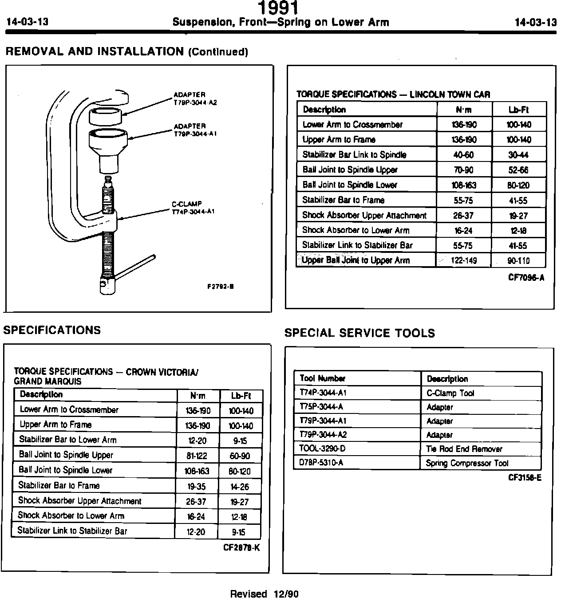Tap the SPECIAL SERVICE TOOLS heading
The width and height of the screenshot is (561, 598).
tap(360, 333)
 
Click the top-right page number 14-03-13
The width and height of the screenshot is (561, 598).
tap(535, 22)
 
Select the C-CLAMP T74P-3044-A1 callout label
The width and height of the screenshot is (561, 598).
tap(193, 208)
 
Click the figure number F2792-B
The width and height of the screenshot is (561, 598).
tap(221, 287)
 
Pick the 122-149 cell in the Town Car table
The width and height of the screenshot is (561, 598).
tap(463, 260)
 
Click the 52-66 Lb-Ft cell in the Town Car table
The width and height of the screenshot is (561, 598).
tap(518, 170)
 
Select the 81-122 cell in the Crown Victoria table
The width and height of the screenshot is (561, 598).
tap(197, 456)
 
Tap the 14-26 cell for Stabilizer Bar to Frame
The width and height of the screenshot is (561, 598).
tap(240, 487)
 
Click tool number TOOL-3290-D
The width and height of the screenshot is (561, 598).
tap(322, 448)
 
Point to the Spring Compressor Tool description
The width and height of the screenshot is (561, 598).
tap(467, 463)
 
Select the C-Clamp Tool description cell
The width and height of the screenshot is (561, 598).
tap(450, 393)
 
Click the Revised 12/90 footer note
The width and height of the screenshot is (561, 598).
tap(264, 594)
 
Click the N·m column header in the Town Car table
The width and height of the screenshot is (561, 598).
tap(463, 110)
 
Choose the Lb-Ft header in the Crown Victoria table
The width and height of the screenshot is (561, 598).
tap(241, 396)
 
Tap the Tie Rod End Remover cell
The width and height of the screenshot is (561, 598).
tap(464, 449)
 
